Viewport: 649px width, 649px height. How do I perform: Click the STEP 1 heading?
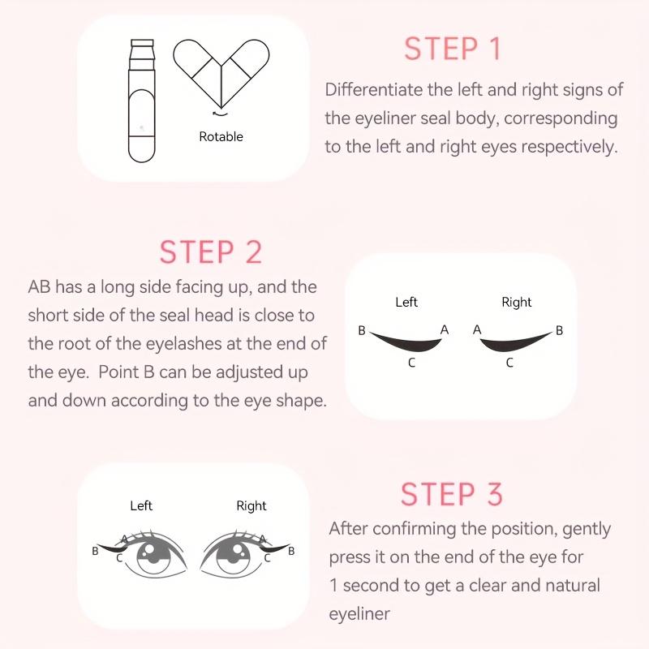(453, 49)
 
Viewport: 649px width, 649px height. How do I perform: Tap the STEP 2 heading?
(211, 251)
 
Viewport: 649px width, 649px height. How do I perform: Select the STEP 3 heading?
(452, 494)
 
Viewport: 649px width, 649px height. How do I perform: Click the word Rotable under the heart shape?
(221, 137)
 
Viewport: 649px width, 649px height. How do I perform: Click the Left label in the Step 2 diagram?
(406, 302)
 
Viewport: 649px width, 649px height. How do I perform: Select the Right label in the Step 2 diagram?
(516, 302)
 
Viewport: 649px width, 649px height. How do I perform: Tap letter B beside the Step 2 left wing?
(362, 330)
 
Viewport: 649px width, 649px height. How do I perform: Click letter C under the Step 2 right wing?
(509, 363)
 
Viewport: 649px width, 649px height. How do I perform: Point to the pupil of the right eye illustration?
(239, 557)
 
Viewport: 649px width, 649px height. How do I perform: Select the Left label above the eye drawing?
(141, 505)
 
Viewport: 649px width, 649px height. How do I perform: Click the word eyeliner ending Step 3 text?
(359, 614)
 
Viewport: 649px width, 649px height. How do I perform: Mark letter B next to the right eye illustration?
(291, 551)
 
